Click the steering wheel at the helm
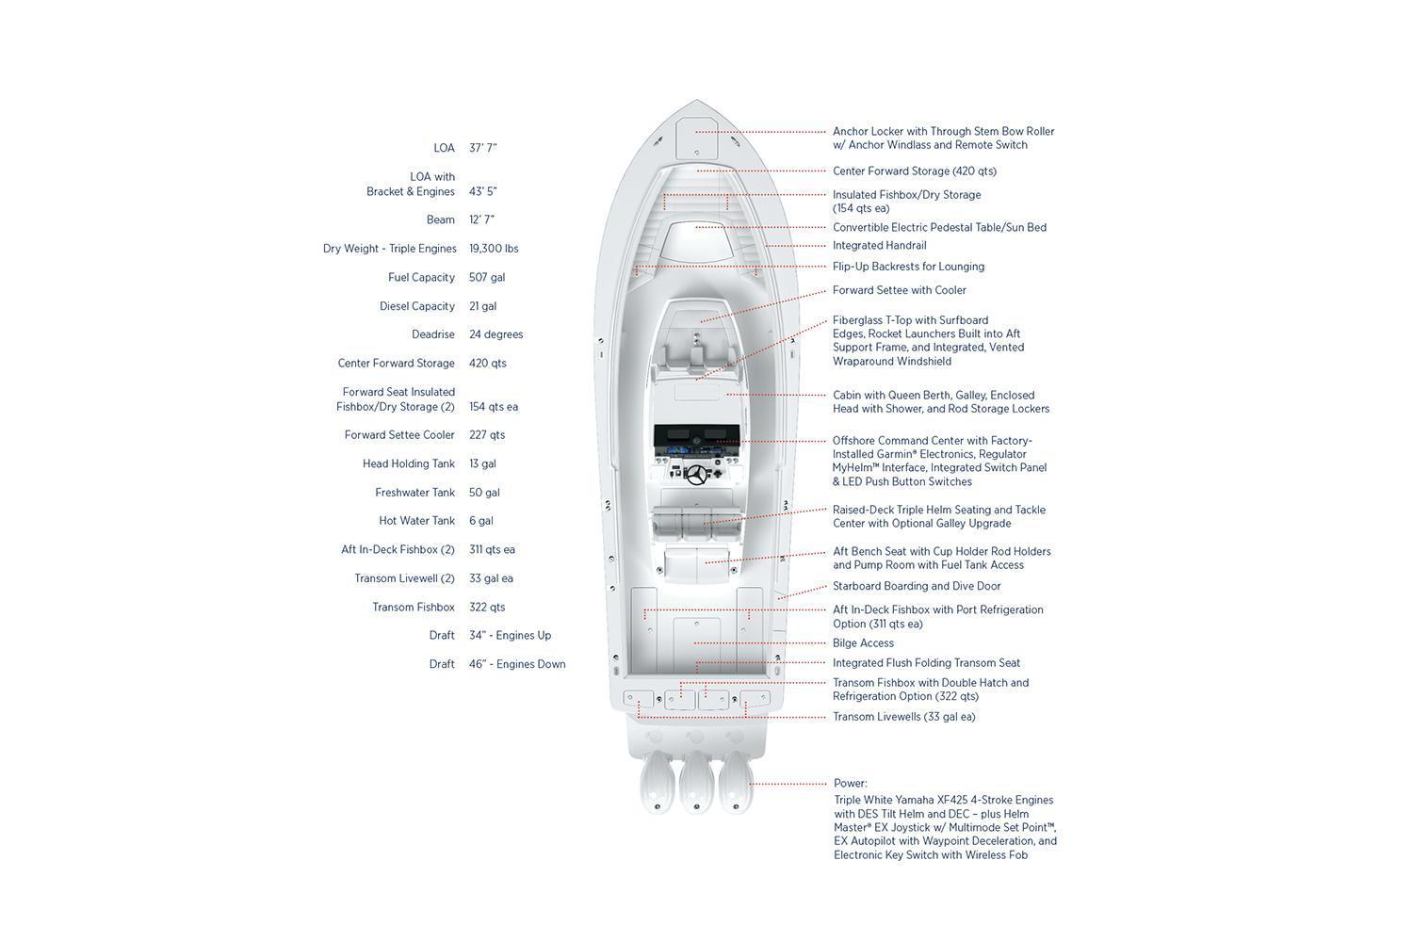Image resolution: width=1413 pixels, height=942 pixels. click(696, 475)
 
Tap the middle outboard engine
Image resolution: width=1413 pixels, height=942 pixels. click(696, 783)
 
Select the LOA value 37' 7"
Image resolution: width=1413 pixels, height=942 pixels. click(482, 148)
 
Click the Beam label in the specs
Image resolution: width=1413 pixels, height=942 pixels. click(440, 219)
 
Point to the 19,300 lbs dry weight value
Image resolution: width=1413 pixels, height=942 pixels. click(494, 249)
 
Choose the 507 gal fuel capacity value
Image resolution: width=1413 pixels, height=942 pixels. click(487, 278)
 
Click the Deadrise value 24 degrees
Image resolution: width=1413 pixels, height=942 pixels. click(495, 334)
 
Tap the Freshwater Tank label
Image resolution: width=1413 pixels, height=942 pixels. click(414, 492)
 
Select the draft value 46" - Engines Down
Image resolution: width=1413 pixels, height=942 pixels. click(517, 664)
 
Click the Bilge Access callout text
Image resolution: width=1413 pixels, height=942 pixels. click(863, 643)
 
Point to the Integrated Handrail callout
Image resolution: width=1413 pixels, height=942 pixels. click(879, 246)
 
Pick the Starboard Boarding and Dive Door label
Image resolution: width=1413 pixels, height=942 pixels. click(917, 586)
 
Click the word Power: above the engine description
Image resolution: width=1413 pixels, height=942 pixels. click(851, 783)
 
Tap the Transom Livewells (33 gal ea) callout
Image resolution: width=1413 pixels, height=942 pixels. click(904, 717)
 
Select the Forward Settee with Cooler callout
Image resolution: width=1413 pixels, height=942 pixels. click(899, 290)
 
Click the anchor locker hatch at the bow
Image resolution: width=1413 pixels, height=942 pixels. click(696, 138)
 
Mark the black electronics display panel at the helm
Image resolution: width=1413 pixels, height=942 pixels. click(696, 435)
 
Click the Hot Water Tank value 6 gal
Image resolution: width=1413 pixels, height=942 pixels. click(480, 521)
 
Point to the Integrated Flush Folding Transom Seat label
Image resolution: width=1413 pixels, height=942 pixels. click(926, 663)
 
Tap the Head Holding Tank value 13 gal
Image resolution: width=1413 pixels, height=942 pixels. click(482, 463)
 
